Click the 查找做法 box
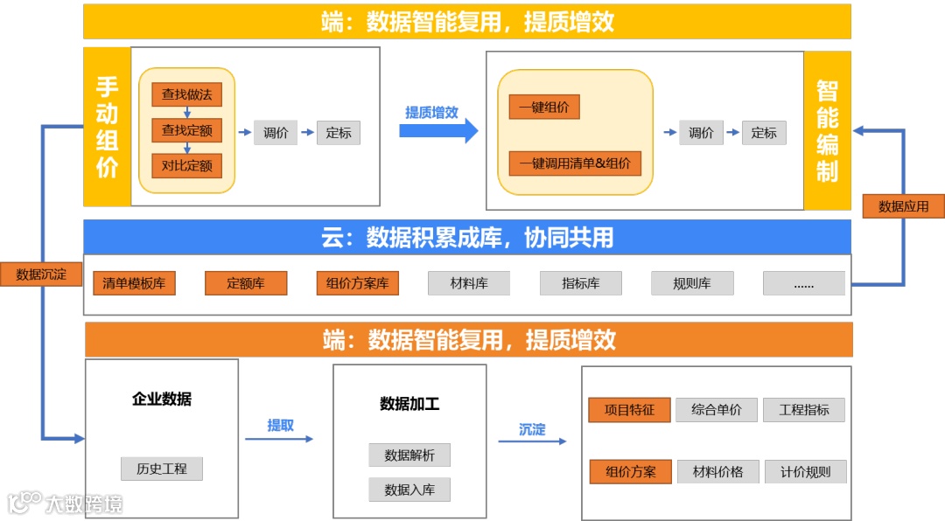(186, 94)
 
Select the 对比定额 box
(186, 165)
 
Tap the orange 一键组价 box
(544, 108)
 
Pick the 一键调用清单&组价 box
(575, 163)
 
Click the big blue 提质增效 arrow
(438, 130)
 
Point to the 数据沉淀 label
(41, 274)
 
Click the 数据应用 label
(903, 206)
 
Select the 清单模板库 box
(134, 283)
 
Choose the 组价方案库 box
(357, 283)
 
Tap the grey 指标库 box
(580, 283)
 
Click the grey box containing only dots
(803, 283)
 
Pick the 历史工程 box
(162, 469)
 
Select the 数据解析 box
(409, 455)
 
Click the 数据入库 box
(409, 490)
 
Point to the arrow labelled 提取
(279, 438)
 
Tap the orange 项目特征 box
(629, 410)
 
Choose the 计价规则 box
(805, 472)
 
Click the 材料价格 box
(717, 472)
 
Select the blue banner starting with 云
(467, 237)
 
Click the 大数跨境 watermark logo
(66, 503)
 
